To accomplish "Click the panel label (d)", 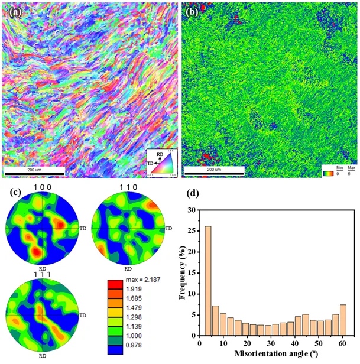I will [x=190, y=192].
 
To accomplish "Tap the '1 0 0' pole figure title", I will [x=43, y=188].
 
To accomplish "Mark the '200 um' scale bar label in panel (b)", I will [x=213, y=169].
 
